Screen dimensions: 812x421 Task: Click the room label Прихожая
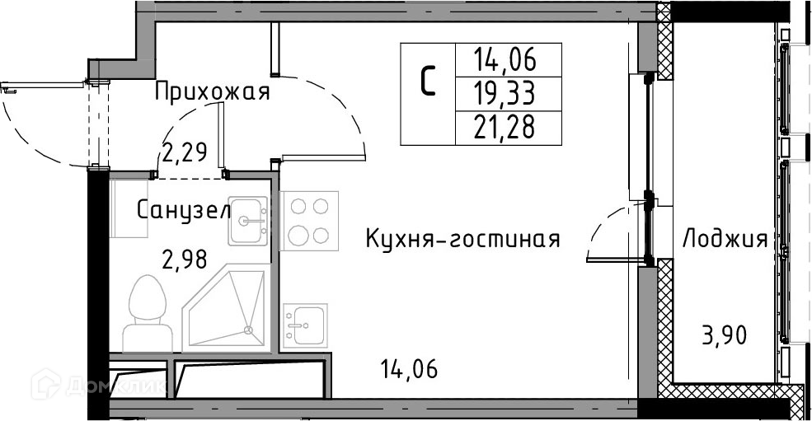212,91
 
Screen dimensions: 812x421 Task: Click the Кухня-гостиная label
462,240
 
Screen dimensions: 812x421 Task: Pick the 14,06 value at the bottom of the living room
409,368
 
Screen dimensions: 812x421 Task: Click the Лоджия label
725,240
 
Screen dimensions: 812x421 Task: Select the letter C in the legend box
428,82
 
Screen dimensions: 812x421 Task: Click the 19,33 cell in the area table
505,94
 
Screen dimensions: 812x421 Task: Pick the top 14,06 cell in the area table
505,58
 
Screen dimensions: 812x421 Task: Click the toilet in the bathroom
144,313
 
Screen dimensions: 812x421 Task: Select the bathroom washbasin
248,220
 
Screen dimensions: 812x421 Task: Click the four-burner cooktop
309,220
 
